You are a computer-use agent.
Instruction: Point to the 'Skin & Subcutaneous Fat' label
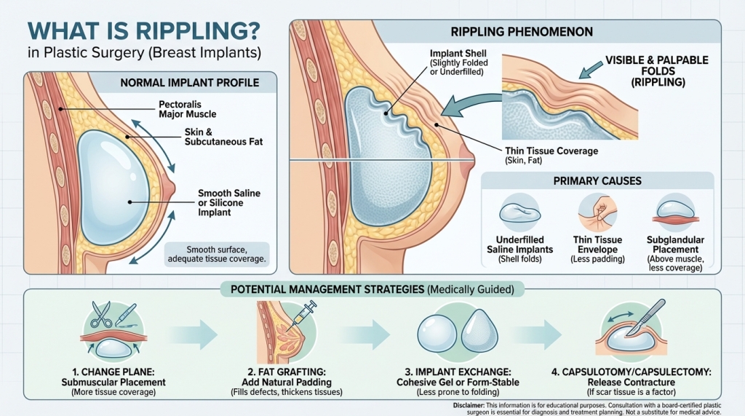tap(223, 137)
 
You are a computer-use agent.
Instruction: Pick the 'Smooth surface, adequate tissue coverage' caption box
tap(217, 253)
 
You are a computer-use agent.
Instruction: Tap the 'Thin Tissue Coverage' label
tap(550, 151)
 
